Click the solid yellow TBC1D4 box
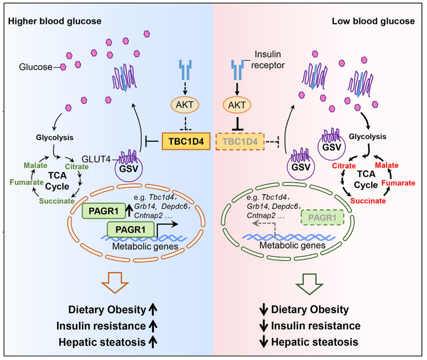tap(186, 141)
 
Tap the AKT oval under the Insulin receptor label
tap(237, 105)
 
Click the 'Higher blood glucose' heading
tap(54, 21)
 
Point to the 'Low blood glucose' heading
tap(373, 21)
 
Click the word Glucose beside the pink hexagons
tap(35, 67)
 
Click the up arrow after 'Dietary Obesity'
tap(153, 310)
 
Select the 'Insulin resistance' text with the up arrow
tap(101, 326)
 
